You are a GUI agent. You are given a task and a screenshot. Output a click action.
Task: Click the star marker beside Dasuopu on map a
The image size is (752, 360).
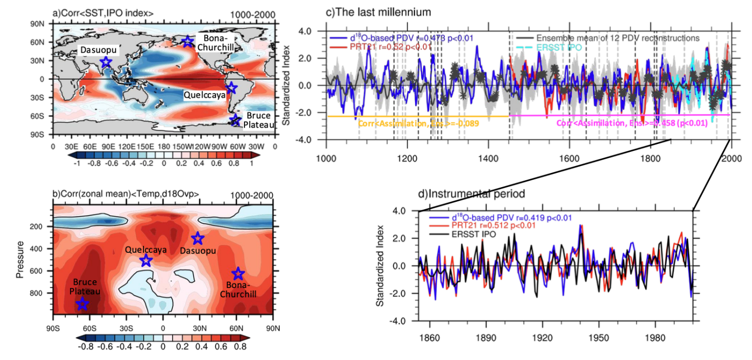106,62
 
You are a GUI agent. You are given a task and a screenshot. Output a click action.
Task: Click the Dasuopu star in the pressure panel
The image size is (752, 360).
197,239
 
